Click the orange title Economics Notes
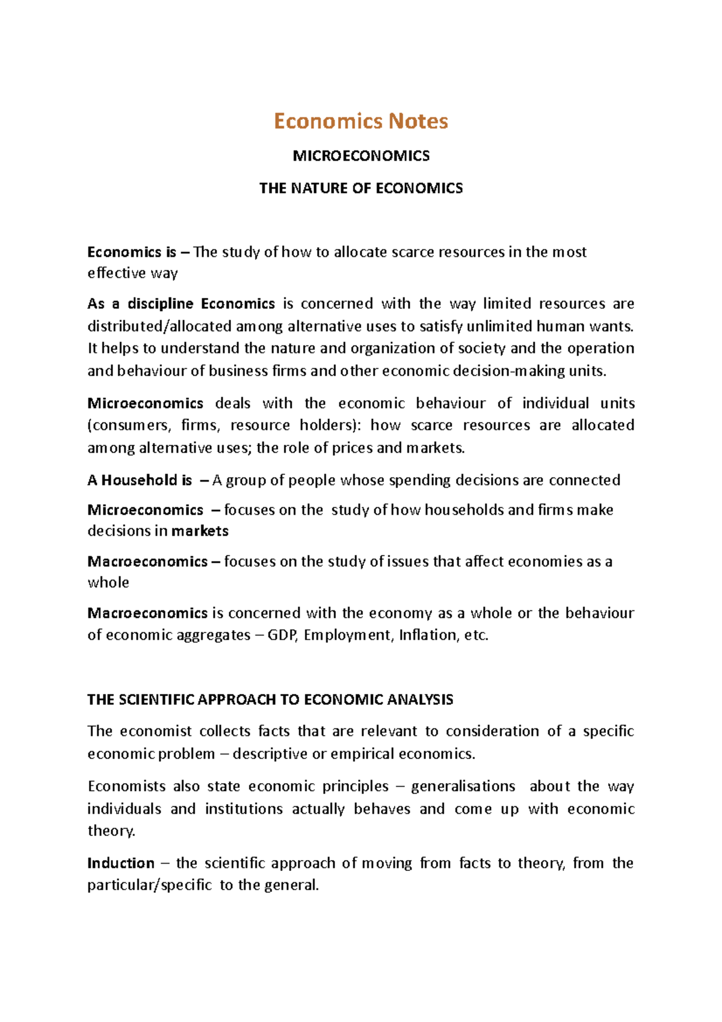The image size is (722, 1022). click(360, 121)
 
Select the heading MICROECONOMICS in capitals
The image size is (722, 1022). click(360, 156)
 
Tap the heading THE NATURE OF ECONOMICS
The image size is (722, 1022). click(360, 188)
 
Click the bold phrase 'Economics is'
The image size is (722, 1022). click(131, 252)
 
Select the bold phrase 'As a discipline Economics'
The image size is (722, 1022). click(180, 303)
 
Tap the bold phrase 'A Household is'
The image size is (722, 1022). click(139, 480)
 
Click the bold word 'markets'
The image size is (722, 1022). click(200, 531)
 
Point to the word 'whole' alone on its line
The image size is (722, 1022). click(108, 583)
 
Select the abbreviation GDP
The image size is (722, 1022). click(282, 635)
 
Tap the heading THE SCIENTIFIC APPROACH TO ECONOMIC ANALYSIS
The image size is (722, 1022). click(270, 699)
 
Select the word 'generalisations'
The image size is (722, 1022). click(463, 786)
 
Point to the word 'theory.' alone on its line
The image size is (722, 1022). click(111, 831)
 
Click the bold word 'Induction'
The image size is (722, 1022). click(121, 863)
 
